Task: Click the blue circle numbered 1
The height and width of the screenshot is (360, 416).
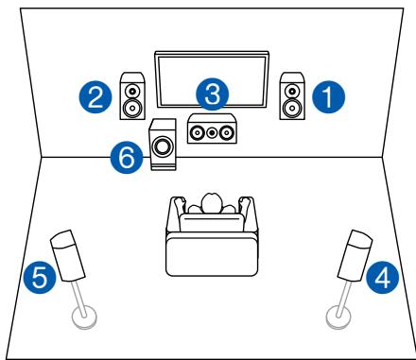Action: (x=327, y=94)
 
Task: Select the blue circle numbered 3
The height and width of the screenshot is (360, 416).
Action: (x=213, y=94)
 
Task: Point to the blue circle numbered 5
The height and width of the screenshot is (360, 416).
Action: (x=35, y=278)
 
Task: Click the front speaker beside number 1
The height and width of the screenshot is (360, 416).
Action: (x=290, y=95)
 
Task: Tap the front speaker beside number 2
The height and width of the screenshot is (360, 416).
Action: (x=132, y=95)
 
